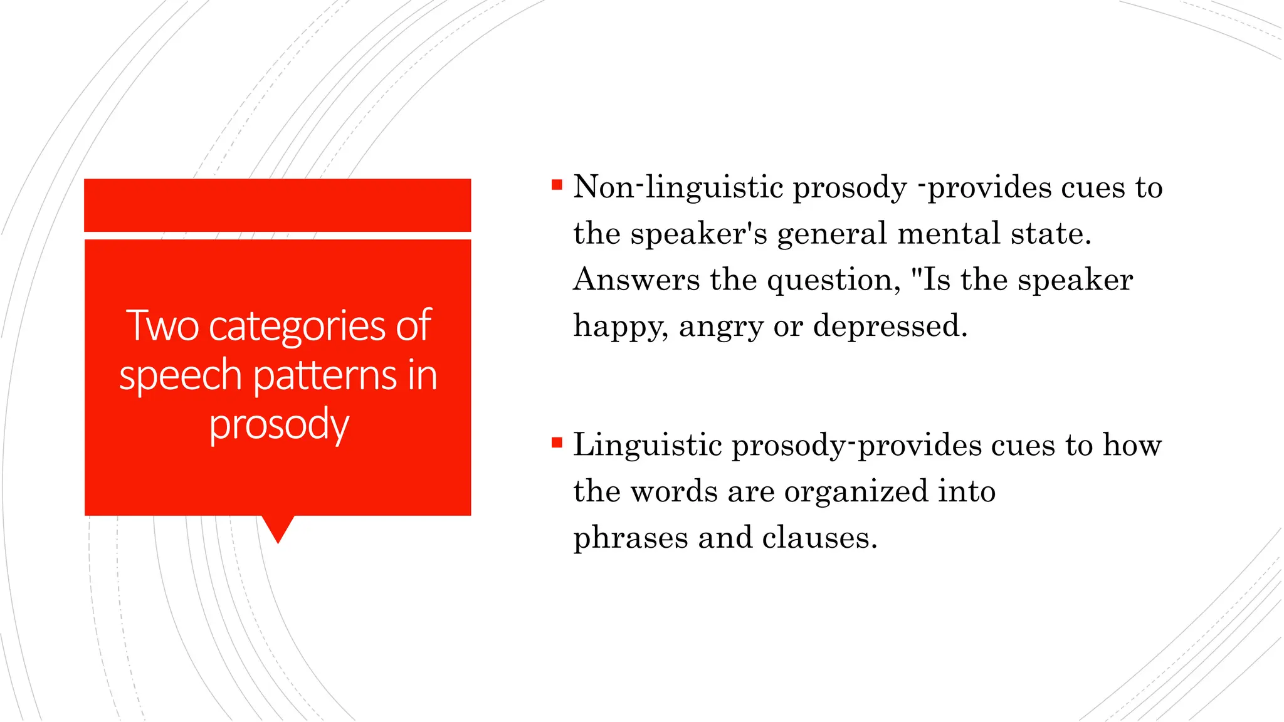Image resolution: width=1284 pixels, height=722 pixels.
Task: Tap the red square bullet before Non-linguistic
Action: [x=557, y=185]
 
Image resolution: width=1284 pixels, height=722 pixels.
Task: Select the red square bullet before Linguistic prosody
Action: [x=557, y=443]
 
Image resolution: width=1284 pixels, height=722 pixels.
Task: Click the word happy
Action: [x=621, y=327]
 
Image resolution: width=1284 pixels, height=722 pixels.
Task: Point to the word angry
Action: [x=721, y=327]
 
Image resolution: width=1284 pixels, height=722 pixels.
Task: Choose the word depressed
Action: [x=890, y=327]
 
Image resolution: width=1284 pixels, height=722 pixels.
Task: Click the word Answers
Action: [x=636, y=280]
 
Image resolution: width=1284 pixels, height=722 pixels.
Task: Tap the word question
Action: [x=834, y=280]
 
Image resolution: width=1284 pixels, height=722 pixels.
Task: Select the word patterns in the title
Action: [x=325, y=376]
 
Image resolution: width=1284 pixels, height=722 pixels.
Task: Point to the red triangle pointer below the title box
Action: [x=278, y=528]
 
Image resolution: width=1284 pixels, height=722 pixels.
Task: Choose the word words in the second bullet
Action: [x=674, y=491]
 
